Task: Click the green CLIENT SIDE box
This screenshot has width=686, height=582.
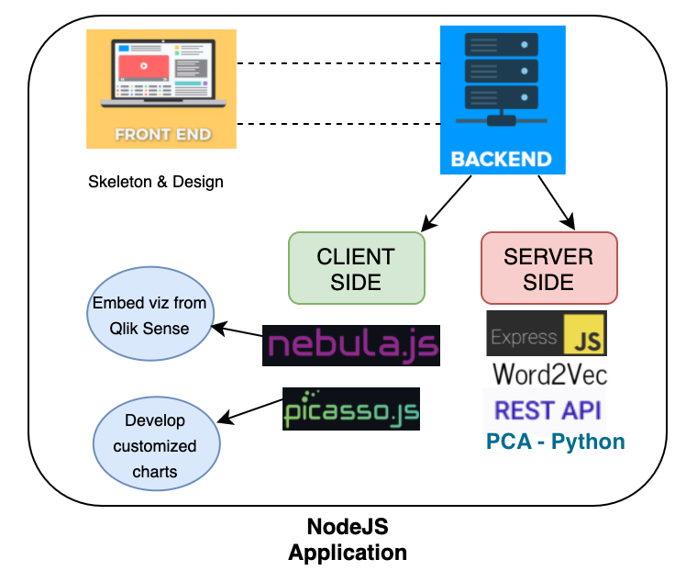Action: click(356, 268)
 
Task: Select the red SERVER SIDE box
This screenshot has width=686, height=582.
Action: click(548, 268)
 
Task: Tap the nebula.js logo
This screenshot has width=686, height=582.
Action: click(350, 345)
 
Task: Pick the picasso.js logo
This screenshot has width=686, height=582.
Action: click(351, 409)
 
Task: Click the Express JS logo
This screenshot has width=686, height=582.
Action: click(546, 333)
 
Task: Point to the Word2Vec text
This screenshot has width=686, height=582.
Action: click(549, 374)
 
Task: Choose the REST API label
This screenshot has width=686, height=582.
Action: click(548, 409)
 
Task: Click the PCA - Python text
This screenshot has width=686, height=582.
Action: click(555, 442)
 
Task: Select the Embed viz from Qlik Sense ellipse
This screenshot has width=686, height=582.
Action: click(149, 315)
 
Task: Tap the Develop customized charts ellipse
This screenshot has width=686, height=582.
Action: click(158, 445)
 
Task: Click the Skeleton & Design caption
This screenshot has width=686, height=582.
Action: click(156, 182)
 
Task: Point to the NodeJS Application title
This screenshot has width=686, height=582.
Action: click(348, 540)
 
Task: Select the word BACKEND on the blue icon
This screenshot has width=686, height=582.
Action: click(501, 159)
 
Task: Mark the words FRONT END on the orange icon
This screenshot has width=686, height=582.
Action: click(162, 135)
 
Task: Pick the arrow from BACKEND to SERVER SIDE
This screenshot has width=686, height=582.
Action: click(555, 200)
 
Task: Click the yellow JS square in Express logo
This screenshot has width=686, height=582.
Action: click(585, 334)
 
